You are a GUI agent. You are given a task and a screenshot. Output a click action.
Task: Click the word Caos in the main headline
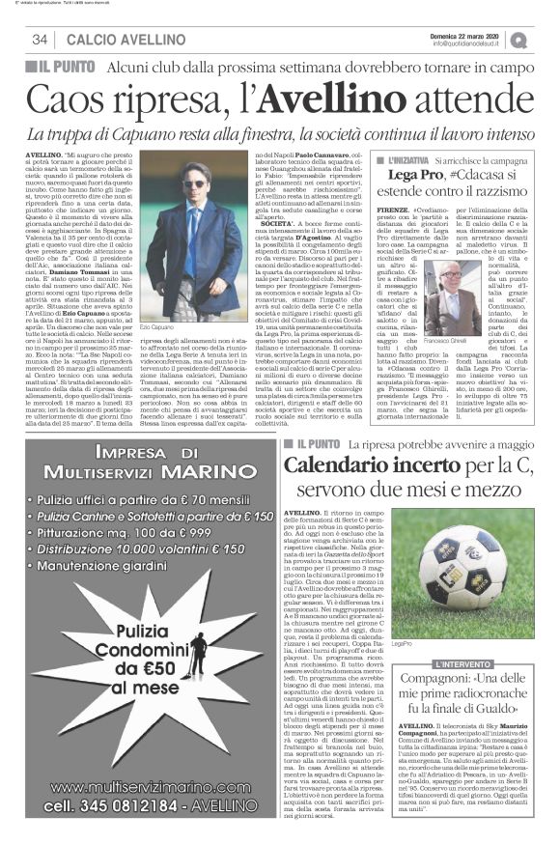click(x=65, y=99)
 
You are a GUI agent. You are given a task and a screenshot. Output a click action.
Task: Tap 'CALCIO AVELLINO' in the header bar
click(x=104, y=40)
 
